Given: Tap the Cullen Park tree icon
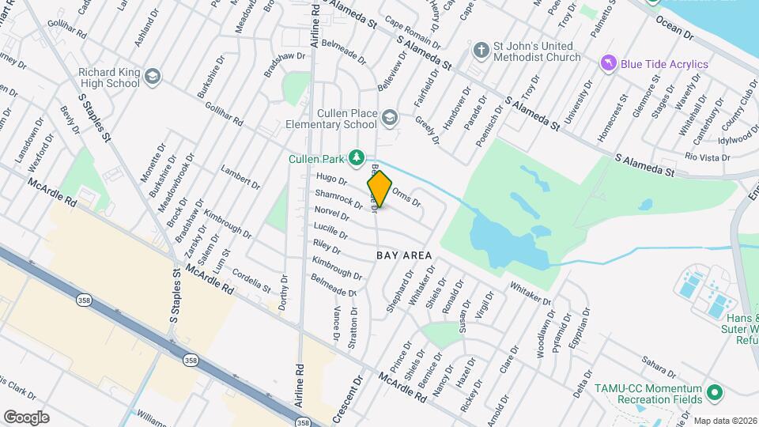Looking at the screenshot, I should click(357, 156).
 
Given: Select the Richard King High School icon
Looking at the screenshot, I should click(153, 77).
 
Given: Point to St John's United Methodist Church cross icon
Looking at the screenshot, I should click(480, 51).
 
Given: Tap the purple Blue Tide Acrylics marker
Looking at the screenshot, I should click(607, 64).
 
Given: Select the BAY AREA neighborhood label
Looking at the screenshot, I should click(404, 255).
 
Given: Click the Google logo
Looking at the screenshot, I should click(26, 417).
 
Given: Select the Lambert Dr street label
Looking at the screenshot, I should click(240, 178).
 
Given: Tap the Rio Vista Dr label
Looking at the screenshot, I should click(701, 157).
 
